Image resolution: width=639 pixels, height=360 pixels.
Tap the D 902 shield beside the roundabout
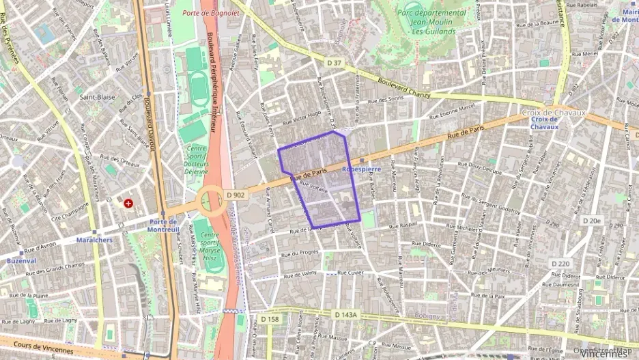pyautogui.click(x=235, y=195)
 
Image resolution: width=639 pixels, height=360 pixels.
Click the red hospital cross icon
pyautogui.click(x=128, y=203)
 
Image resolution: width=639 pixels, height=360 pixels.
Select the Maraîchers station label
pyautogui.click(x=94, y=240)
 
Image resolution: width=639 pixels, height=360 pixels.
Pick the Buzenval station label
pyautogui.click(x=21, y=261)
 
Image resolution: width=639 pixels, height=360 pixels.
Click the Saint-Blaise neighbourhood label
pyautogui.click(x=97, y=97)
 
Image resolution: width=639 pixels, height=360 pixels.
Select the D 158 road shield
pyautogui.click(x=270, y=319)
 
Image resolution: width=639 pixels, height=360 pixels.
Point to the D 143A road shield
pyautogui.click(x=347, y=314)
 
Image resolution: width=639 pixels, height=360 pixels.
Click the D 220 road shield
pyautogui.click(x=560, y=264)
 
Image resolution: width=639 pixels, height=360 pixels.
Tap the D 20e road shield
pyautogui.click(x=592, y=221)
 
